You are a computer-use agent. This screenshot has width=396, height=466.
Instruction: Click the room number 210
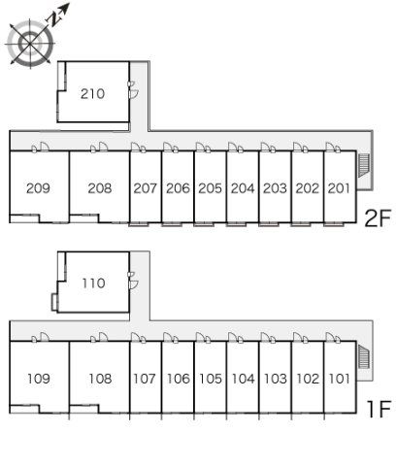click(92, 94)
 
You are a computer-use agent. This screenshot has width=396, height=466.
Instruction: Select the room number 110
click(93, 283)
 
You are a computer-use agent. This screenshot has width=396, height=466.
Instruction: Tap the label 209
click(38, 188)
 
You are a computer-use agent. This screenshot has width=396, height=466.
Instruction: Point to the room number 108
click(100, 379)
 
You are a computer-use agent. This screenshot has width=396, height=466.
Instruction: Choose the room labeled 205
click(210, 188)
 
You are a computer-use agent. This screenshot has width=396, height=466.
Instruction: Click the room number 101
click(339, 379)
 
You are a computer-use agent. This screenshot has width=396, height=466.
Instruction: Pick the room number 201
click(339, 188)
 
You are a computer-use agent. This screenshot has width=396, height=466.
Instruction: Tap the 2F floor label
click(378, 217)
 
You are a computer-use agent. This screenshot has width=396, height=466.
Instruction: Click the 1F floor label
click(379, 409)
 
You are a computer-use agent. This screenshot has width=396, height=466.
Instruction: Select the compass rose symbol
click(30, 44)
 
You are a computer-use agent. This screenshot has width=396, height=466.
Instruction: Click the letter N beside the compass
click(54, 19)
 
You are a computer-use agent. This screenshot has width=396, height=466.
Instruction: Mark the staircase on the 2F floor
click(364, 165)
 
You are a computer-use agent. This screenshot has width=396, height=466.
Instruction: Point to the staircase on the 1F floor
click(364, 356)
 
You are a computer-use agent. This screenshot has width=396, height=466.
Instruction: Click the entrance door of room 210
click(133, 94)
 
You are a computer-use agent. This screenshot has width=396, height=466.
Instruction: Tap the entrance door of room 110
click(133, 284)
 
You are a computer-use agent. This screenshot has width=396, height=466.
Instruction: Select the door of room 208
click(103, 147)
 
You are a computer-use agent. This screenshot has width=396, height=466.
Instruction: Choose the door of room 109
click(45, 337)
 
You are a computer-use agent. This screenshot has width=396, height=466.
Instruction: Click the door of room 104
click(232, 337)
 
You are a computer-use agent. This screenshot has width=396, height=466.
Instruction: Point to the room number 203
click(275, 188)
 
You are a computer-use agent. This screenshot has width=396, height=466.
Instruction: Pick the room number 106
click(178, 379)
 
